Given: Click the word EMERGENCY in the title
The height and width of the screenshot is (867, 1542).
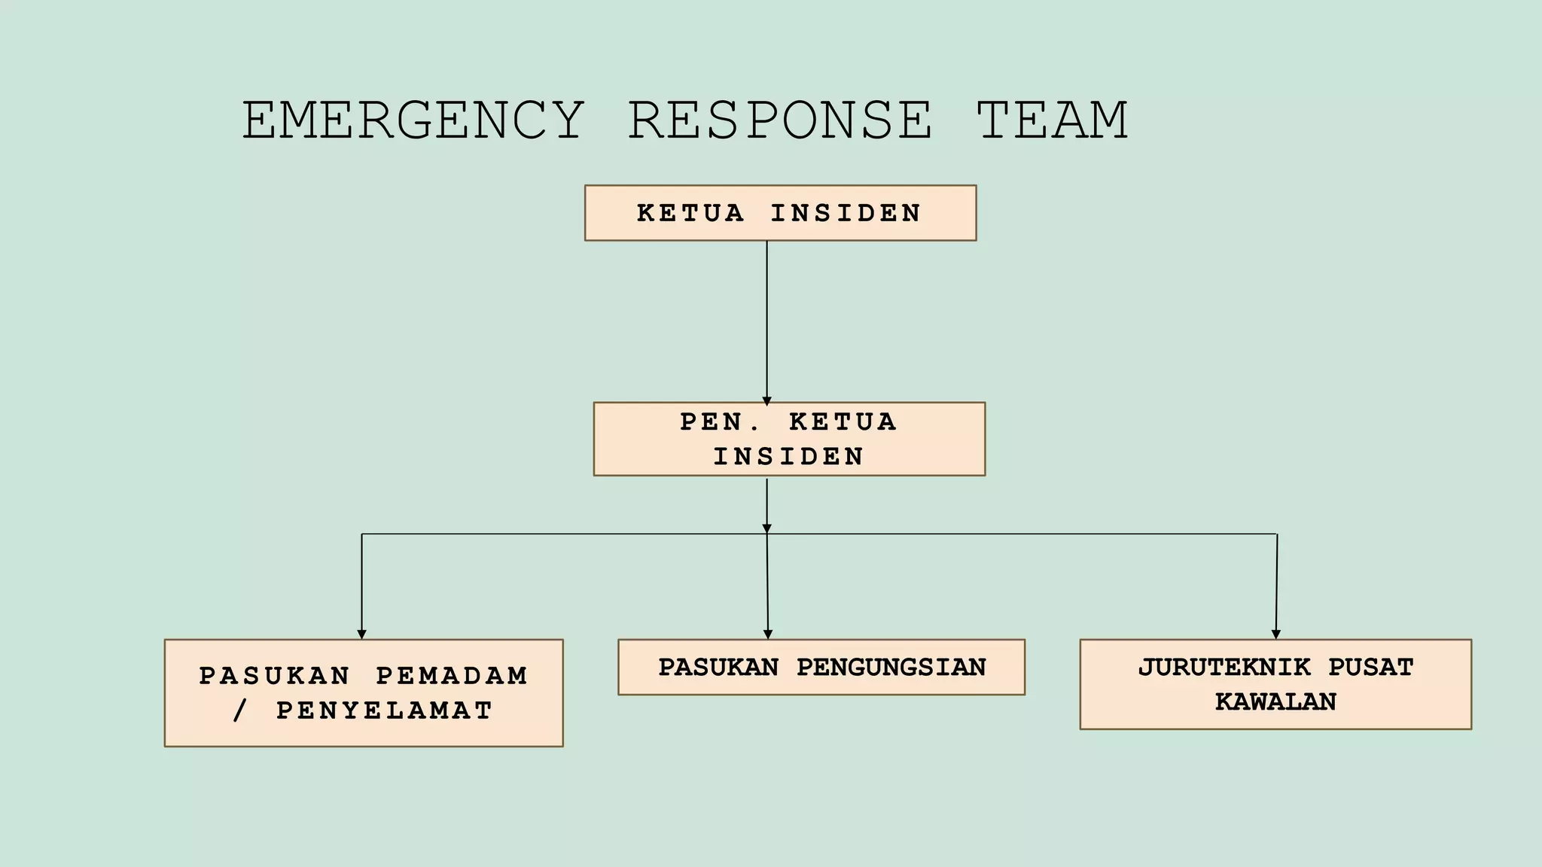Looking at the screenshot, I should point(413,120).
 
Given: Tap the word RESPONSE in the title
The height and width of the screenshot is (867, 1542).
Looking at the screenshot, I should point(780,120).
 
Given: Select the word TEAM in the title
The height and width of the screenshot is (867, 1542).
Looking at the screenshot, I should point(1053,120).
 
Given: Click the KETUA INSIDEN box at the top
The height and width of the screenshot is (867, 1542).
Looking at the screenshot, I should point(780,213).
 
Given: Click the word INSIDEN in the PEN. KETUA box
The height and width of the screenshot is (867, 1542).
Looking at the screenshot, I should point(788,457).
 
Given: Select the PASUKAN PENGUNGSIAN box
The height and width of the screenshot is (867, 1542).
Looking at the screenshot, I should point(821,667).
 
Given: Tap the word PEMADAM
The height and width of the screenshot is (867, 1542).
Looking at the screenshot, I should point(452,676).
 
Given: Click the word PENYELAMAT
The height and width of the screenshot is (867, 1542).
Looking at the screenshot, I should point(384,710).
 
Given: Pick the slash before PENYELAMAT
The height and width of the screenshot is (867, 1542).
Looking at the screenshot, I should point(240,710).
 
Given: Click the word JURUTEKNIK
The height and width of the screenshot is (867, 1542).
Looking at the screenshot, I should point(1224,668).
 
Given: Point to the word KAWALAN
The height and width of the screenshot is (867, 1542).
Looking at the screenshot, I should point(1275,702).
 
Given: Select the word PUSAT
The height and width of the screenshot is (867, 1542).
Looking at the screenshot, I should point(1370,668).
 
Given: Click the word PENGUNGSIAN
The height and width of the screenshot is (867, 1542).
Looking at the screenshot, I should point(891,668).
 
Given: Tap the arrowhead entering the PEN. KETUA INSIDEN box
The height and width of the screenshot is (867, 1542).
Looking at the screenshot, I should point(766,401).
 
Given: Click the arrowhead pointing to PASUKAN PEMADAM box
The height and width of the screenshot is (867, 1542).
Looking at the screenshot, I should point(361,634).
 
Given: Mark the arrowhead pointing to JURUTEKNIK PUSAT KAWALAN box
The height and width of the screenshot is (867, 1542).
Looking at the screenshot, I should point(1275,634).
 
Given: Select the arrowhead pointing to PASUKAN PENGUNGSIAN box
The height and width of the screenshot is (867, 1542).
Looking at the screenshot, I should point(767,634).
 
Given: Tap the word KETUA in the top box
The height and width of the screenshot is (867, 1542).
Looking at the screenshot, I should point(690,214).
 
